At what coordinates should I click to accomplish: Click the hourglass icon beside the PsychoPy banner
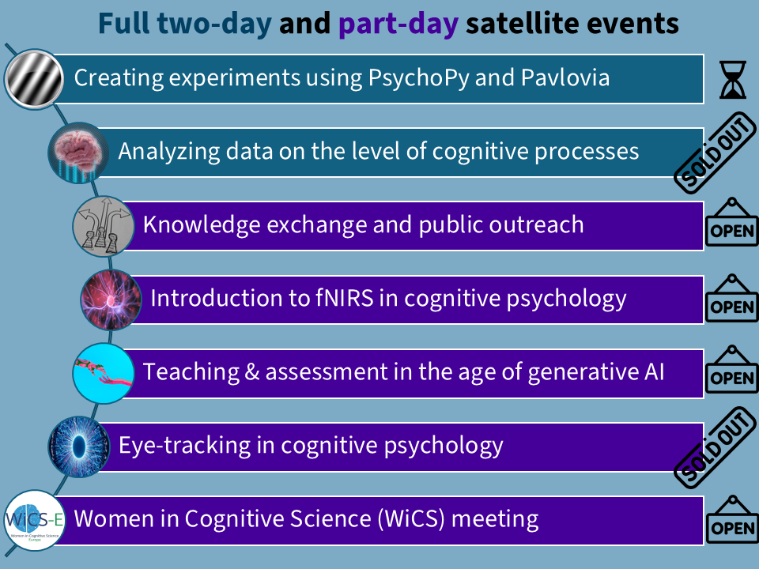coord(733,80)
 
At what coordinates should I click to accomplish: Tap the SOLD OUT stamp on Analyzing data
coord(717,152)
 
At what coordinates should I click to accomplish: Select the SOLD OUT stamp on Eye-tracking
coord(717,447)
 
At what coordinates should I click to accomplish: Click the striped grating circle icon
coord(34,79)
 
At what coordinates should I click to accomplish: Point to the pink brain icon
coord(78,153)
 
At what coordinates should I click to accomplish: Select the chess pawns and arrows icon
coord(103,226)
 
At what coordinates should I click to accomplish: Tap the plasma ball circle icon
coord(111,300)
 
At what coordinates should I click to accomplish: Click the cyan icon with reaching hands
coord(103,373)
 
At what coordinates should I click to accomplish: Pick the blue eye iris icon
coord(78,447)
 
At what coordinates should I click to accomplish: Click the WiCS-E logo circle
coord(34,520)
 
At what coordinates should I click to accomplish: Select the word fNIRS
coord(345,298)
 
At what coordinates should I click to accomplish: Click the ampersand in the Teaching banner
coord(252,372)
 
